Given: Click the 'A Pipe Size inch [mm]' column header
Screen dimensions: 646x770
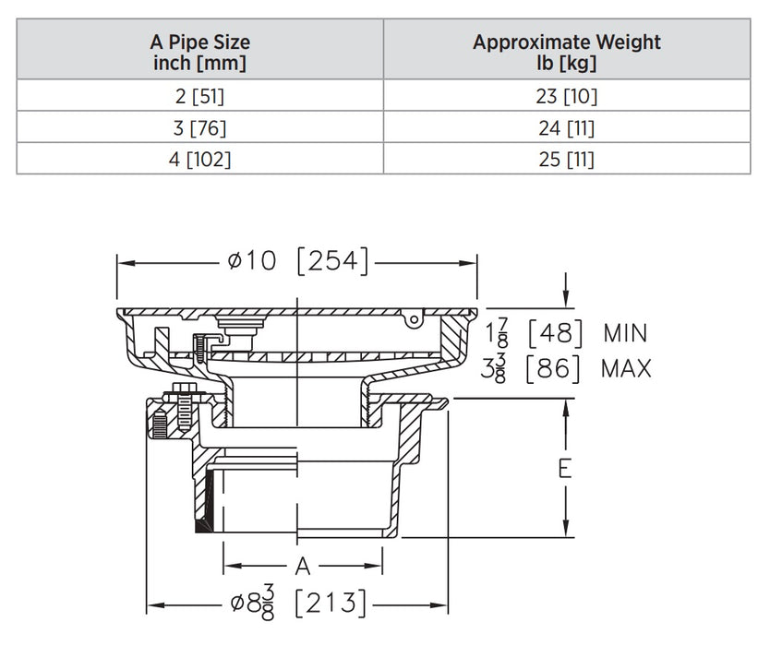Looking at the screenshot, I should [x=200, y=53].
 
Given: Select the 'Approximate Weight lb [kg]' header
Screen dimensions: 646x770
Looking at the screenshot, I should [x=567, y=53].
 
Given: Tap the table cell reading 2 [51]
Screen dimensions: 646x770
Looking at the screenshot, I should [x=200, y=95].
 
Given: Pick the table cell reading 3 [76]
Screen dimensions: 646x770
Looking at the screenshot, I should [x=200, y=127].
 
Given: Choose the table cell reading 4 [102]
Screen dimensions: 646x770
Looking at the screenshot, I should [x=200, y=159].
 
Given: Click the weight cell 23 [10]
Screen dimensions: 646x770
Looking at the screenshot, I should [x=567, y=95].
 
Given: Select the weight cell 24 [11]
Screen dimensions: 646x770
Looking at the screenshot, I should [x=567, y=127].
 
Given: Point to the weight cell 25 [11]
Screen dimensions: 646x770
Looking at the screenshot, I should [x=567, y=159].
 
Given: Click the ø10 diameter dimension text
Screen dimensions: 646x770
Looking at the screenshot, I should [x=251, y=262].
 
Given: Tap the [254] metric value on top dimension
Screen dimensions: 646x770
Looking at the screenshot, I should [x=332, y=262].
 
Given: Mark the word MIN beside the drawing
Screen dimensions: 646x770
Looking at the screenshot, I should [x=625, y=333].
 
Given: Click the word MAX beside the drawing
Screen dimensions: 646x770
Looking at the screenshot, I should [x=626, y=369].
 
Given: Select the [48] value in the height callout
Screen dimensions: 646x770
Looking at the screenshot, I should [x=554, y=333].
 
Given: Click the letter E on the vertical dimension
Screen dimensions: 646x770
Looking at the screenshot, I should [x=565, y=468].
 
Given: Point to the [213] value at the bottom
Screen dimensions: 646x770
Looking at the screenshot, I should [x=330, y=605].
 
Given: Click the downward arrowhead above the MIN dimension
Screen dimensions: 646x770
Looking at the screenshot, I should [x=565, y=297].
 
